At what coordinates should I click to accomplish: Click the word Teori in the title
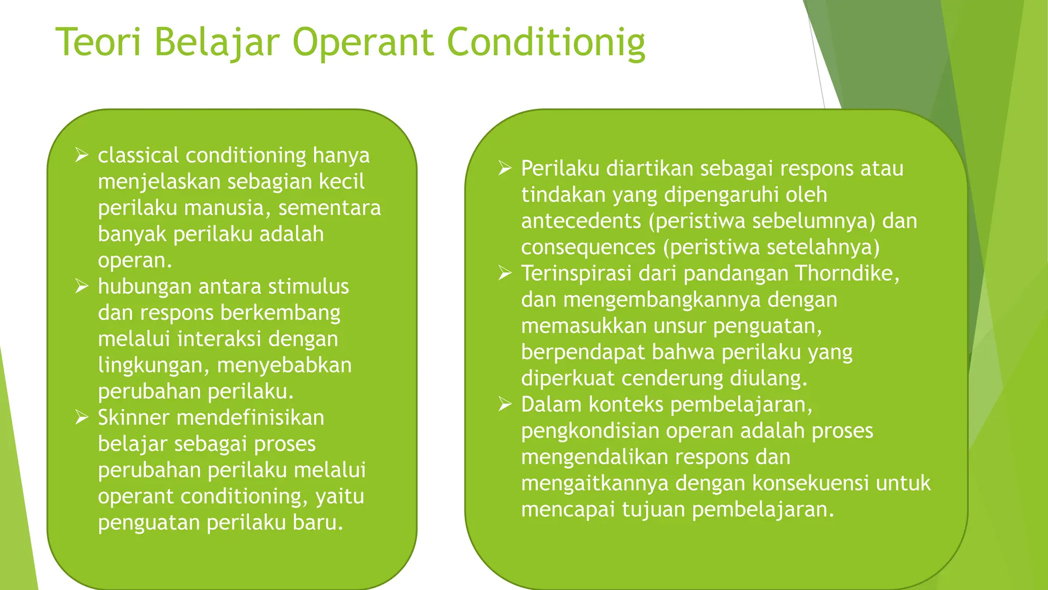98,42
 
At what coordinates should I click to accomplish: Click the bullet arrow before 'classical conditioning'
82,155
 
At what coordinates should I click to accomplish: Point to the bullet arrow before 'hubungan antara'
82,286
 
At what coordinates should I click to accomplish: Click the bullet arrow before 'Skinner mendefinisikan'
82,417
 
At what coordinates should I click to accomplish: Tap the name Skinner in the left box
133,417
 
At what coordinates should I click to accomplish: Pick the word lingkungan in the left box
153,365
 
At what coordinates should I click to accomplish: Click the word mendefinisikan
250,417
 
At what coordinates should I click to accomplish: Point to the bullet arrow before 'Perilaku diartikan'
505,168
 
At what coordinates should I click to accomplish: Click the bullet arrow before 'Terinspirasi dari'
505,273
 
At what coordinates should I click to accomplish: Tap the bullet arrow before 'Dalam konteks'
505,404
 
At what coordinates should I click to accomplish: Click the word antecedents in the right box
581,221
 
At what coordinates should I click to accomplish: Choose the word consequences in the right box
588,247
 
